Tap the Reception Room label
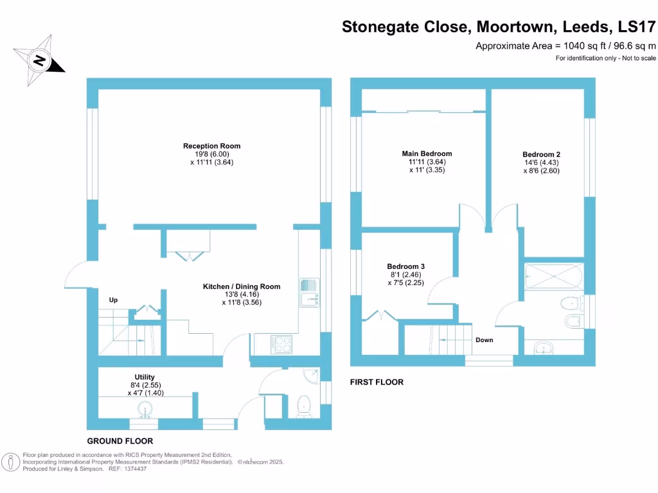click(x=211, y=146)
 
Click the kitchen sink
click(x=309, y=293)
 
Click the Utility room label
click(x=145, y=377)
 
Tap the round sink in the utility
click(x=145, y=409)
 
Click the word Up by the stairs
click(x=114, y=300)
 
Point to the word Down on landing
click(x=485, y=340)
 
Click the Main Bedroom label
click(x=427, y=153)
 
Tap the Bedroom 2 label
click(x=541, y=154)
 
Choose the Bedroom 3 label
click(x=405, y=266)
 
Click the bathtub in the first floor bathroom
click(x=553, y=277)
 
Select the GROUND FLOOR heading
click(x=120, y=441)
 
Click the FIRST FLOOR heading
click(x=377, y=382)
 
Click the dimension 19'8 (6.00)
click(x=211, y=154)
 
